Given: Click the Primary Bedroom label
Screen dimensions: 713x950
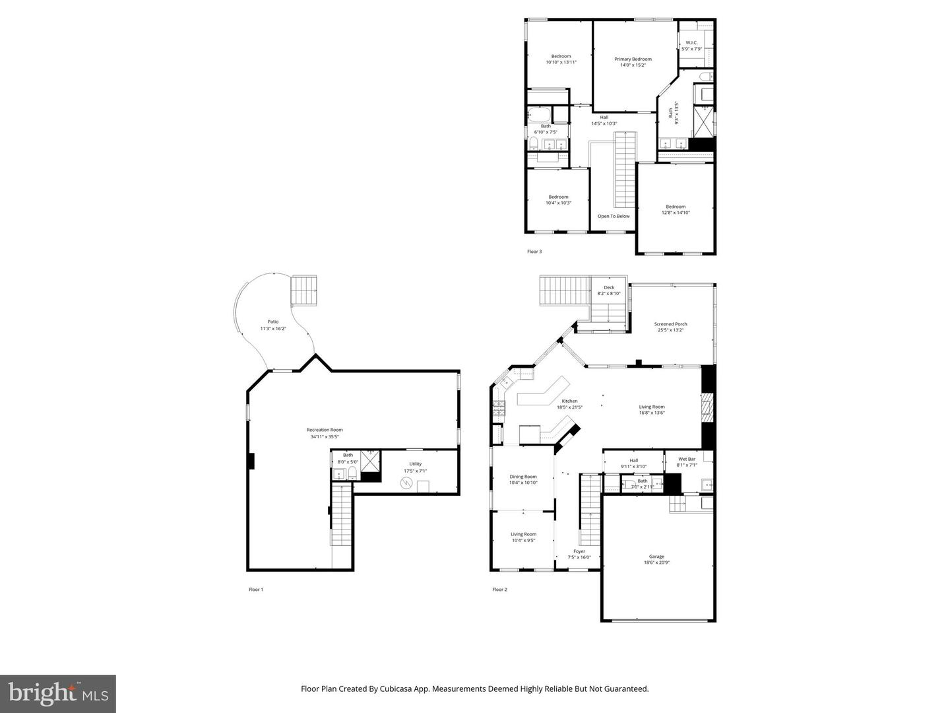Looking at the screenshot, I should [633, 59].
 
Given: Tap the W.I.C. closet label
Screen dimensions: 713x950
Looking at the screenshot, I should [691, 43].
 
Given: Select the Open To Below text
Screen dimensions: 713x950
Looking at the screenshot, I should [613, 216].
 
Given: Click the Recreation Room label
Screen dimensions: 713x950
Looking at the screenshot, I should [325, 430].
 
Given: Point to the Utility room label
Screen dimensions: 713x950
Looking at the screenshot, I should [415, 463].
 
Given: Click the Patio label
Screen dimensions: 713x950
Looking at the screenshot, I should [272, 322].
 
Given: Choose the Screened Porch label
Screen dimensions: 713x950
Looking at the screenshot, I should [670, 324].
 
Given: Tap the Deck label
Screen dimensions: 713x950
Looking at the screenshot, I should [608, 287].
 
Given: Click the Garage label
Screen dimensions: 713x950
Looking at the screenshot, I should [656, 557].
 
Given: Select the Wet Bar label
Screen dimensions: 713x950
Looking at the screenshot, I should [686, 459].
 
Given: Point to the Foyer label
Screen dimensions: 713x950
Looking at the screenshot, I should [579, 551].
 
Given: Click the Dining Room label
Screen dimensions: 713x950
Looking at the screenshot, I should [522, 477].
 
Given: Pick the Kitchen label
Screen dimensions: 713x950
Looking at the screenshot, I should [569, 401].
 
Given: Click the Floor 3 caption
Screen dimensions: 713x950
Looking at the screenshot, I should [534, 252].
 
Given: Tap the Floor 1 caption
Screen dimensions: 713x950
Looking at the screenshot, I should [255, 590].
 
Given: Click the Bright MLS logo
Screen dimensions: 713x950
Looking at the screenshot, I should [58, 693].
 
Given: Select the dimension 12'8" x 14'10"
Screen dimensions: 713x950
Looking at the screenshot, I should [676, 213].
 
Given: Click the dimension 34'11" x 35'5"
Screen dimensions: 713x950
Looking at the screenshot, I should [325, 436].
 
